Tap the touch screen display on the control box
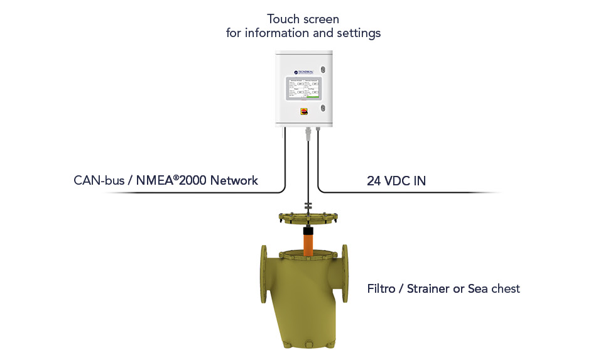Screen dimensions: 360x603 click(x=303, y=89)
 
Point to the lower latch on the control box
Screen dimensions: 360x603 click(x=323, y=108)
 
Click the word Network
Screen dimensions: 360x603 click(x=234, y=181)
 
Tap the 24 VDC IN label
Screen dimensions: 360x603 click(x=396, y=181)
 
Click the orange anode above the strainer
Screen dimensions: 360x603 click(x=308, y=242)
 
